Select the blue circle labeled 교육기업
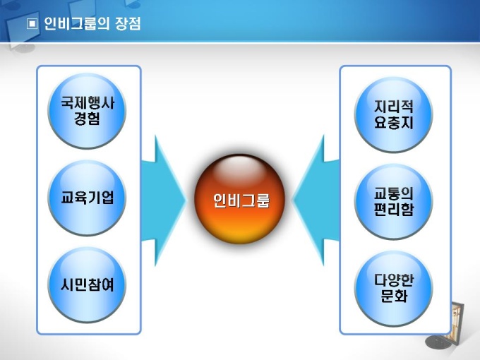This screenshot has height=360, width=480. [88, 198]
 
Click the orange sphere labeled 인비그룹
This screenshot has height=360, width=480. [241, 200]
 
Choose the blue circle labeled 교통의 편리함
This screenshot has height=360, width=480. [394, 201]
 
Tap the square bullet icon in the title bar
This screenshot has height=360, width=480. [31, 23]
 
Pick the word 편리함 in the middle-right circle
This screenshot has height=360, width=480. [394, 210]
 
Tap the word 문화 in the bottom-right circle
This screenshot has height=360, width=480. [394, 297]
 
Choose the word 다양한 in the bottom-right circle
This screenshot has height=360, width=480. [394, 280]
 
